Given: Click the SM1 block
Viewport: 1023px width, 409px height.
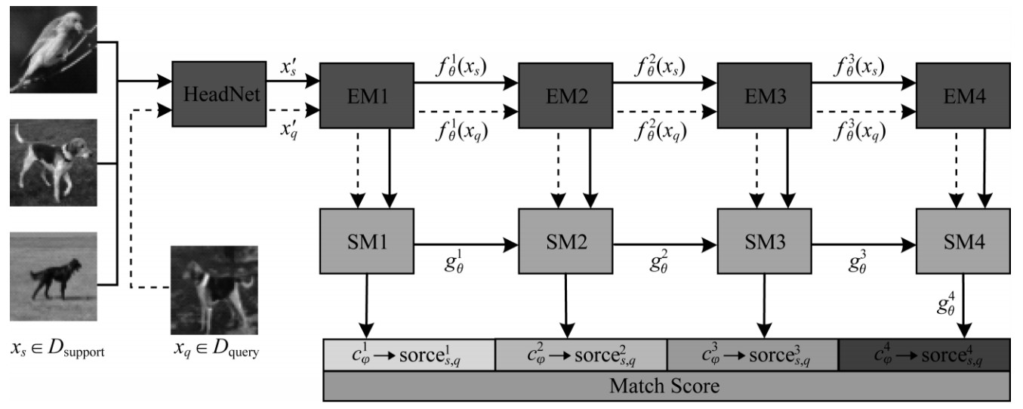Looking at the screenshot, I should coord(367,244).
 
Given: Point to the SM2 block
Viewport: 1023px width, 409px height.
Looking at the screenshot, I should coord(565,244).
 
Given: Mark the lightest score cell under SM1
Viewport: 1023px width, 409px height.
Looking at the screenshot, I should coord(408,355).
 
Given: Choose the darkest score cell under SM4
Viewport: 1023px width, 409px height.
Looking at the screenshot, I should coord(923,355).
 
